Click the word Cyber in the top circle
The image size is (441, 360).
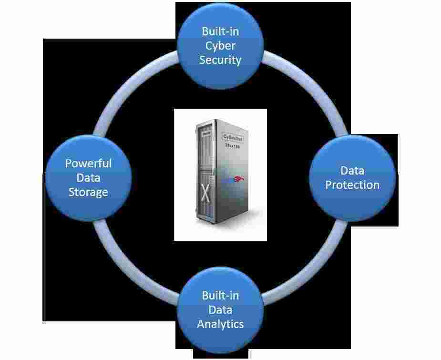point(220,46)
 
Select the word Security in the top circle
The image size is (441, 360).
point(220,60)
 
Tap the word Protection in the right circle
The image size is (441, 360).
point(352,185)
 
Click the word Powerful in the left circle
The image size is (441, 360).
point(88,163)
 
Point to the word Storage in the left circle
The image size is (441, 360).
point(88,192)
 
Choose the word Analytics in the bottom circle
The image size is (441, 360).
point(220,324)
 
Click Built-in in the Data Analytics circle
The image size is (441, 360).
point(220,295)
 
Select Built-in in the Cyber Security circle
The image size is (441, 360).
point(220,31)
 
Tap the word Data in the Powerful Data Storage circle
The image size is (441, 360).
point(88,177)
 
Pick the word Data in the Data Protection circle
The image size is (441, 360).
point(352,170)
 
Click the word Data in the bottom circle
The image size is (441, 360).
point(220,309)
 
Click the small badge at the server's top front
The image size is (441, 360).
point(206,135)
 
